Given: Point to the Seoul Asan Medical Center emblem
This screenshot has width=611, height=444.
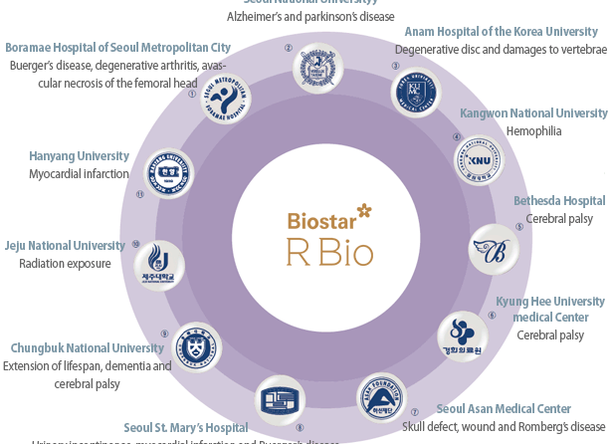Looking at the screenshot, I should click(x=382, y=399).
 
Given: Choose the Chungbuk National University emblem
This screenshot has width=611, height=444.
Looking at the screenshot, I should click(x=195, y=349).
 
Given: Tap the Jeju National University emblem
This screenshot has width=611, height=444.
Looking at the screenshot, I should click(x=159, y=264).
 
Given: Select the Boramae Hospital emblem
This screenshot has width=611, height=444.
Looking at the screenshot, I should click(x=224, y=99).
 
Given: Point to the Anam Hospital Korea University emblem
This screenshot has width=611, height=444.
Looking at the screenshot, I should click(x=415, y=94).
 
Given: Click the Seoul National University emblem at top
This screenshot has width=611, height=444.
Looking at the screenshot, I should click(x=317, y=67).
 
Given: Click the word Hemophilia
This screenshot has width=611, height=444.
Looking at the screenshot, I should click(x=533, y=130).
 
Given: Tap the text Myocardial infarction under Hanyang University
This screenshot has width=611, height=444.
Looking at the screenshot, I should click(x=80, y=173).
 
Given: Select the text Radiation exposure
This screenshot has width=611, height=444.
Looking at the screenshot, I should click(x=65, y=264).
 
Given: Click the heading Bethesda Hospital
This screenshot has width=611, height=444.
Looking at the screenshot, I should click(x=558, y=201).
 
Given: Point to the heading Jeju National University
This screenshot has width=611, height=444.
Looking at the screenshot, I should click(x=65, y=246).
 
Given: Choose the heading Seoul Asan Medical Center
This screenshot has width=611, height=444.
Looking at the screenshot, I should click(x=504, y=408).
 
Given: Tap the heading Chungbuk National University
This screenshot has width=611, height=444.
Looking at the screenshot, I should click(x=88, y=347).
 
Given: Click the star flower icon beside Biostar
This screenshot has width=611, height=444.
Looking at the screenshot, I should click(x=363, y=210).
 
